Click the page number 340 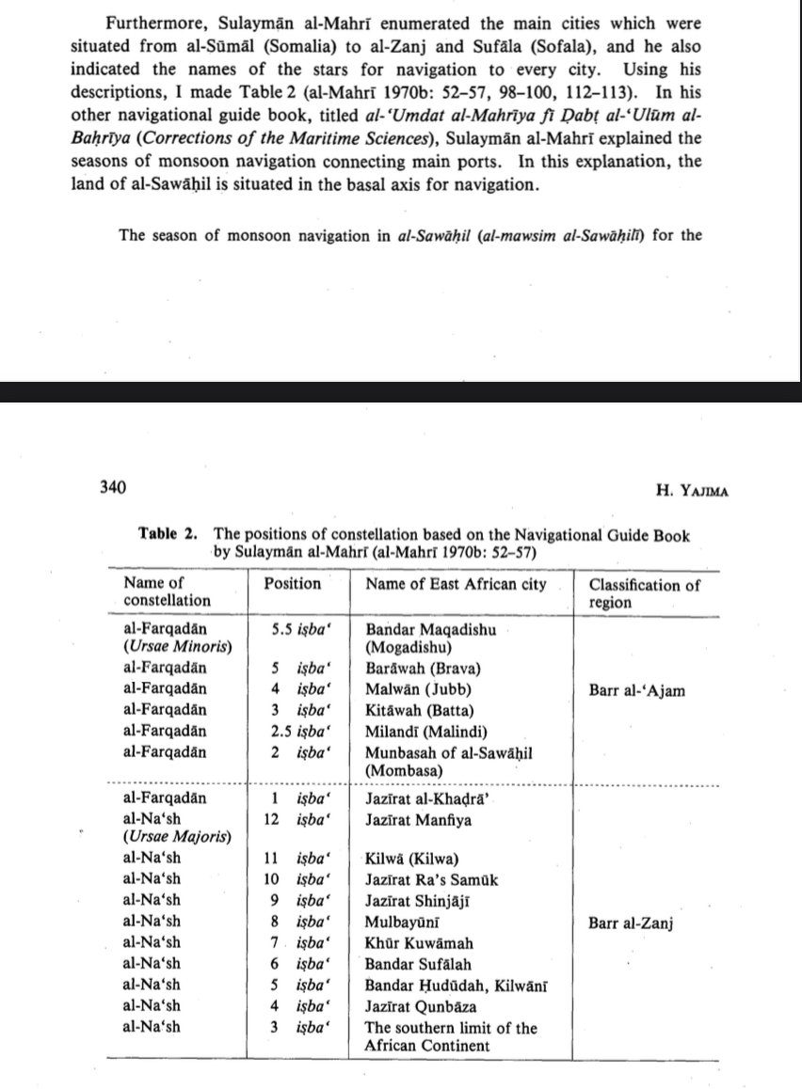click(x=113, y=488)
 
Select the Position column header click(x=292, y=584)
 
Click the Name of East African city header click(x=456, y=584)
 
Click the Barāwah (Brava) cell click(x=423, y=669)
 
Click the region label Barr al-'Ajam click(x=636, y=690)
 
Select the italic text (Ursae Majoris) click(x=178, y=837)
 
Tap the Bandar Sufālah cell click(x=418, y=964)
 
